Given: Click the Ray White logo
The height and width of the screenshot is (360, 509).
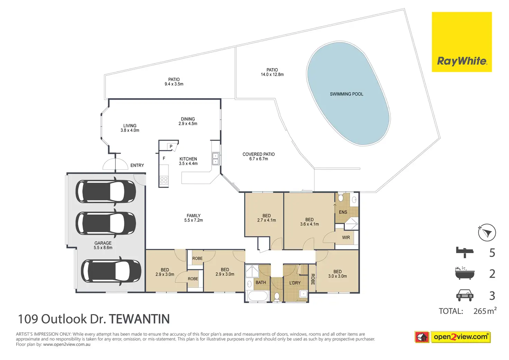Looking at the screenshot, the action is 462,42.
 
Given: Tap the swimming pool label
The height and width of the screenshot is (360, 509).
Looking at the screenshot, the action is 346,94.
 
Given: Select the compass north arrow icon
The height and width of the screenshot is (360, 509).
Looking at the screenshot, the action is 487,233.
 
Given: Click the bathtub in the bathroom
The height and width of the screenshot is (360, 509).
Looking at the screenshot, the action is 258,296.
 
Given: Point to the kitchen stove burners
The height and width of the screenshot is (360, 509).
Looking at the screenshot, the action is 164,180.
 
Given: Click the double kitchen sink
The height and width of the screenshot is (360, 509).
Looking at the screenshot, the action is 215,159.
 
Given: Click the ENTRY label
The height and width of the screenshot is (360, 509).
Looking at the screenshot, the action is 137,166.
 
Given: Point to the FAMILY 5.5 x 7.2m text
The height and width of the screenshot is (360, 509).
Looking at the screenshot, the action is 194,218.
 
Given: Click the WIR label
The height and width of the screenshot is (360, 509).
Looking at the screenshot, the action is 346,238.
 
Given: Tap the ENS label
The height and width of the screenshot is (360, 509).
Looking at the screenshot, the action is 343,212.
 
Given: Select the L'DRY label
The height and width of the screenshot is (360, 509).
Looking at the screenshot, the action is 295,283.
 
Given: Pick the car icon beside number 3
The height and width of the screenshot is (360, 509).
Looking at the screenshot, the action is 465,295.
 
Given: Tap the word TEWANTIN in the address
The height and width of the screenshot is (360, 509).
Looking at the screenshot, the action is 139,319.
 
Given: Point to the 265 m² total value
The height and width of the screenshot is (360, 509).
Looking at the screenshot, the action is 485,311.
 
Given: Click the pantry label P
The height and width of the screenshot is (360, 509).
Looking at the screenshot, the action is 171,147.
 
